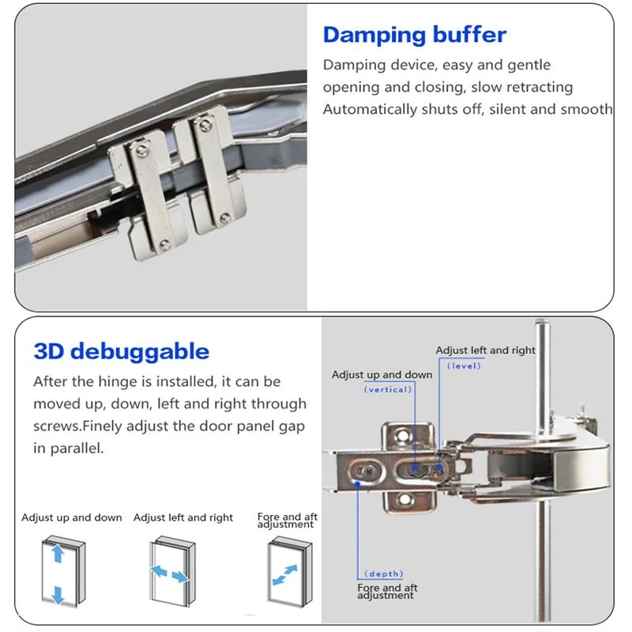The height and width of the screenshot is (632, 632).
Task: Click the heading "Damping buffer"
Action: (x=414, y=36)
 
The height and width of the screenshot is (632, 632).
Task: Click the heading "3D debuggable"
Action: (x=121, y=352)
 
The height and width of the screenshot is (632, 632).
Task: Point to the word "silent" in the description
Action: (x=509, y=109)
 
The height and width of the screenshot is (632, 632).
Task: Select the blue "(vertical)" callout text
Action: (x=387, y=389)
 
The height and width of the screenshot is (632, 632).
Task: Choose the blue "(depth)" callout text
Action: (x=384, y=574)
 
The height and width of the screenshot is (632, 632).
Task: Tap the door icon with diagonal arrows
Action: (x=289, y=572)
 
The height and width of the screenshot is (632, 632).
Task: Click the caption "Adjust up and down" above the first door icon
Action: (x=72, y=517)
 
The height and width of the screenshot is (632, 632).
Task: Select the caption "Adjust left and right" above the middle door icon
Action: (x=183, y=517)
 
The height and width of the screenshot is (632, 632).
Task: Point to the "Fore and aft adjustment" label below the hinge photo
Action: (x=387, y=591)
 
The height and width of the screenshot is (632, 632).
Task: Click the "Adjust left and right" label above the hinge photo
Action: (x=485, y=350)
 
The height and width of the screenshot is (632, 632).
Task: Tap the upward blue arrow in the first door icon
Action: (x=58, y=554)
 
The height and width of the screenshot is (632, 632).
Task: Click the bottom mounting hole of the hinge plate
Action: (x=406, y=499)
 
